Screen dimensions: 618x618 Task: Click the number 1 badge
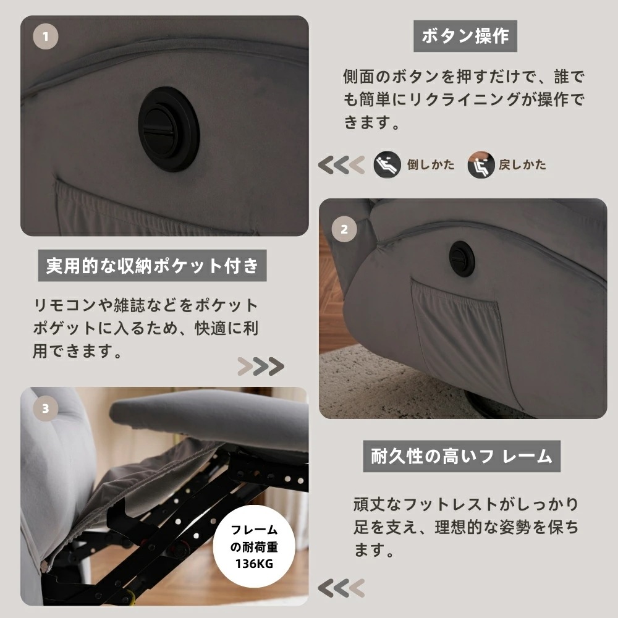pos(45,37)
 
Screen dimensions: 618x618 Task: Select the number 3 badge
pos(45,408)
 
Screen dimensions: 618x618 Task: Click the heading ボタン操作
pos(465,36)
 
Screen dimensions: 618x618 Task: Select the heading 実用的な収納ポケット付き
pos(152,266)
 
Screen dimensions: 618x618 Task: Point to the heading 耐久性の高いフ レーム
pos(461,457)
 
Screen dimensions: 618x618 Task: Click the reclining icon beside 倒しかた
pos(387,165)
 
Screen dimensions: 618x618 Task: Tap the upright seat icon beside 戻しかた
pos(480,165)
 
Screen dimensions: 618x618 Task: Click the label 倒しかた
pos(431,165)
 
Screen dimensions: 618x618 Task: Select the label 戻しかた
pos(522,165)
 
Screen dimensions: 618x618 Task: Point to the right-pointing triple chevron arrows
pos(261,366)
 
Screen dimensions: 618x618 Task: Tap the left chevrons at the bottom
pos(341,586)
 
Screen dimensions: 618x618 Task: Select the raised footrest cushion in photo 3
pos(210,414)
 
